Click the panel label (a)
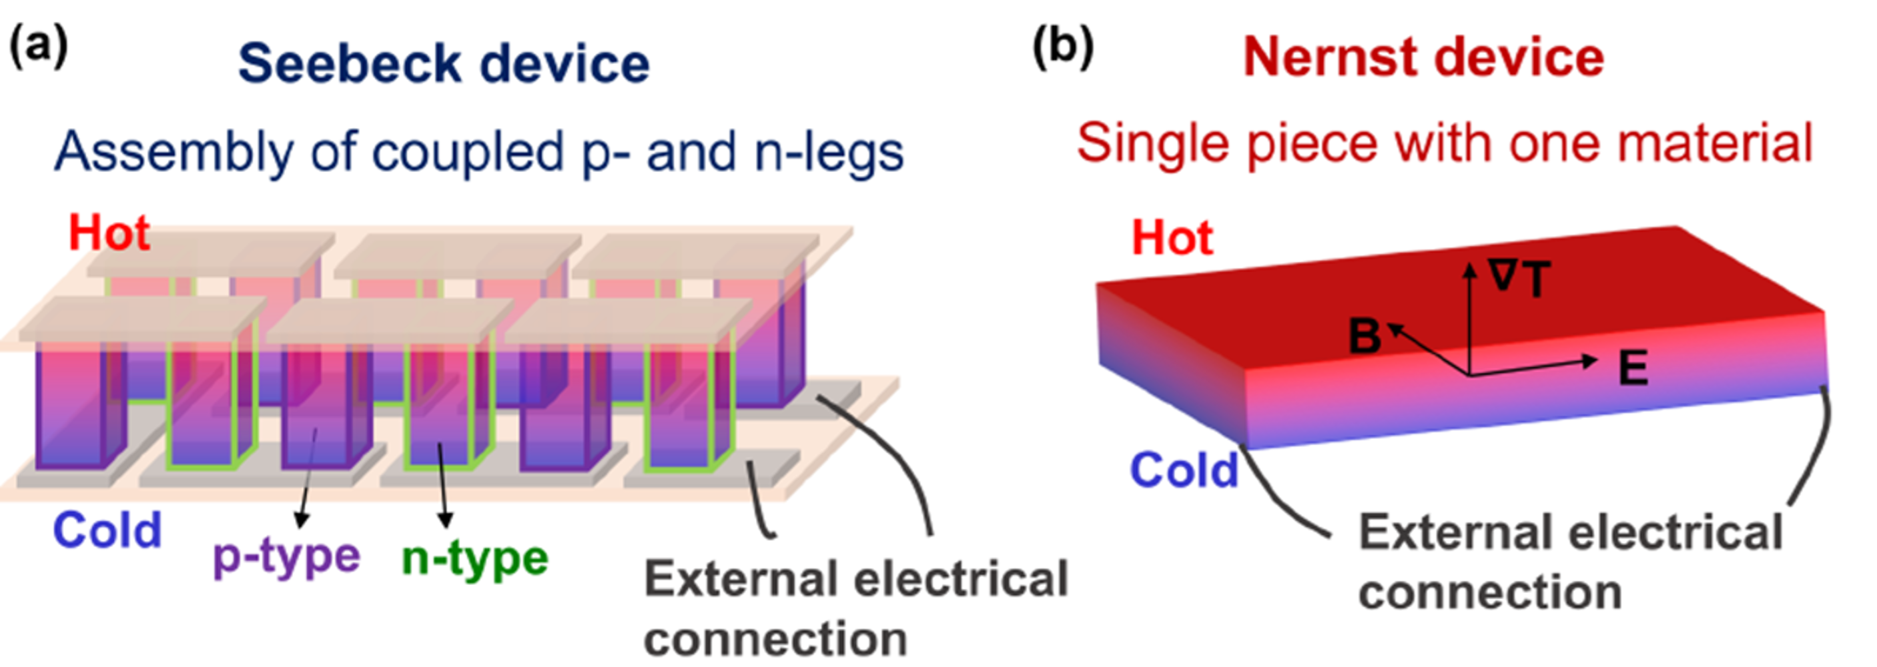pos(38,48)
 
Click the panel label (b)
pos(1063,48)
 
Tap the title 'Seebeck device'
pos(443,64)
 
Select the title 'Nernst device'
pos(1423,57)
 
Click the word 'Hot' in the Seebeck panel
pos(109,233)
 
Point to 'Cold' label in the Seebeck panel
pos(107,530)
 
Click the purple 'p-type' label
pos(286,558)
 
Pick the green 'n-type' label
pos(475,559)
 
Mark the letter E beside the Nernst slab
pos(1633,368)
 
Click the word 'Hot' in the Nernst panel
pos(1172,237)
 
